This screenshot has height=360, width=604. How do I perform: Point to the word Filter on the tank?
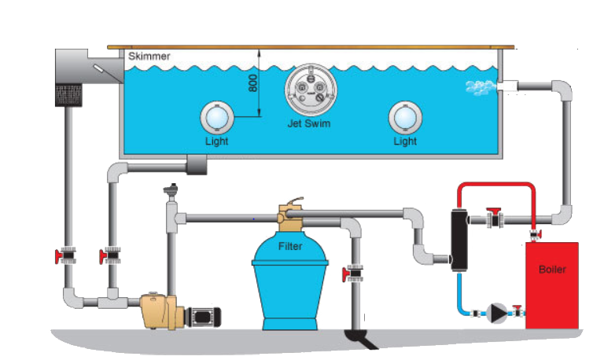(290, 246)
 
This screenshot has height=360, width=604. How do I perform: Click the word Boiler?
(552, 270)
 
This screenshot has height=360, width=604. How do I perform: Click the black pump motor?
(203, 315)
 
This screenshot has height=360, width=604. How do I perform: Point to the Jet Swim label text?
(308, 124)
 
